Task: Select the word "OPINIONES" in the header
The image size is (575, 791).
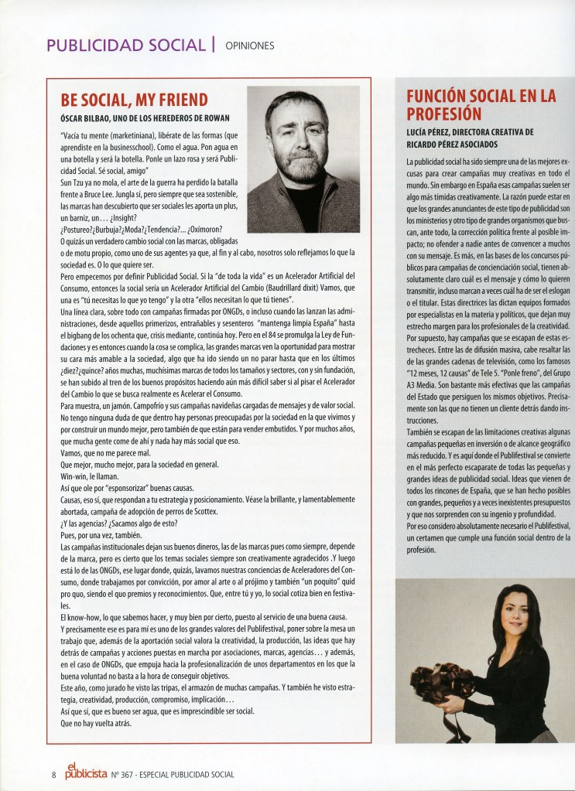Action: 250,45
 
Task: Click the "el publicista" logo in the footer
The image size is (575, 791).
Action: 73,768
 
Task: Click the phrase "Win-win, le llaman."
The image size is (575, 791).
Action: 91,477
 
